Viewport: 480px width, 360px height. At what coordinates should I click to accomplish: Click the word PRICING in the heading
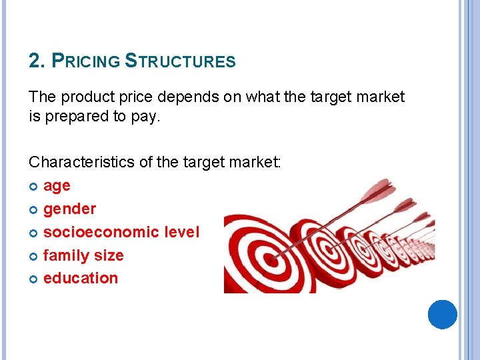[x=85, y=61]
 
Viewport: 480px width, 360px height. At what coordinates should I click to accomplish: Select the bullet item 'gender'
[x=69, y=209]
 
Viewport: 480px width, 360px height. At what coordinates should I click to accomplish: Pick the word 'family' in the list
[x=63, y=255]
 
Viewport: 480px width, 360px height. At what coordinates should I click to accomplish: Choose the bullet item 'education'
[x=80, y=278]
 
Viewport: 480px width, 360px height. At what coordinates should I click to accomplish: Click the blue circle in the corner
[x=442, y=314]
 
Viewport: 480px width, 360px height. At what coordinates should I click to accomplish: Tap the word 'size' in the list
[x=109, y=255]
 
